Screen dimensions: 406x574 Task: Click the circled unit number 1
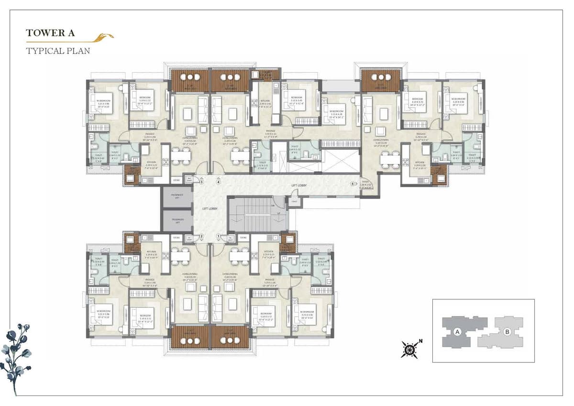point(219,236)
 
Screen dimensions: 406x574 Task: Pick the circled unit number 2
point(202,236)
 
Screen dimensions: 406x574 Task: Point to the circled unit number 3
point(202,182)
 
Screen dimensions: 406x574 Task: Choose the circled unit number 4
point(219,182)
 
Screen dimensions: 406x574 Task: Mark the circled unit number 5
point(353,184)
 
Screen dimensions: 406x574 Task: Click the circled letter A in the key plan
point(457,331)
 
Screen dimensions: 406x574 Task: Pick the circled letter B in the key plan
point(507,331)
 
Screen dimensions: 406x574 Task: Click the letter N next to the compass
point(420,341)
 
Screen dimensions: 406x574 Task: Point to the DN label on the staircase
point(273,205)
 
